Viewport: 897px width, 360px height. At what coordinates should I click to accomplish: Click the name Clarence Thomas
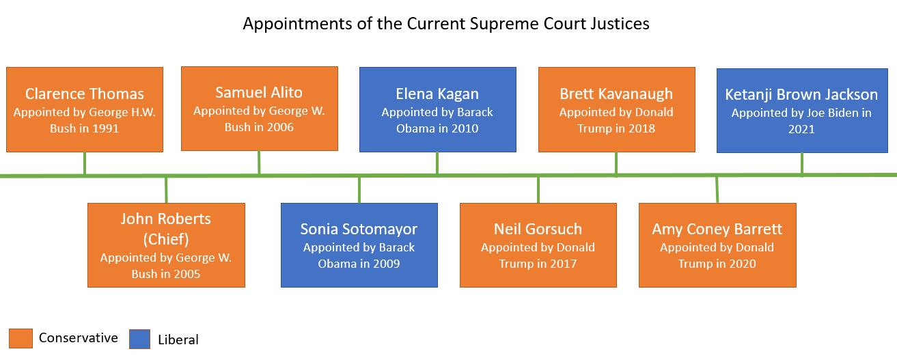(x=85, y=94)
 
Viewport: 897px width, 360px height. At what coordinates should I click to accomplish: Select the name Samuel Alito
(x=259, y=92)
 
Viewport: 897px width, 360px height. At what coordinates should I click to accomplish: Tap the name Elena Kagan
(x=437, y=94)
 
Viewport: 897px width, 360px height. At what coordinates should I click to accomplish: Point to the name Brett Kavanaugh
(x=616, y=94)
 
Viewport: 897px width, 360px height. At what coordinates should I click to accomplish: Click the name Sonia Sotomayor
(x=359, y=230)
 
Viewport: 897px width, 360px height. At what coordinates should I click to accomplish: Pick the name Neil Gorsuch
(x=538, y=230)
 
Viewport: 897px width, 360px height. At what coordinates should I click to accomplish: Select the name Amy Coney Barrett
(x=717, y=230)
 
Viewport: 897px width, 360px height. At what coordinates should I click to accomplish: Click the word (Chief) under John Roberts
(x=166, y=239)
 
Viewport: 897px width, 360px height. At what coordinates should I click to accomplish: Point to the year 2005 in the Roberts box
(x=185, y=275)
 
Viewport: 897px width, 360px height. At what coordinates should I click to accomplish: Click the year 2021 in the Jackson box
(x=801, y=128)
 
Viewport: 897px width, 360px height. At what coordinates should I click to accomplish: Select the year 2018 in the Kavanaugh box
(x=640, y=128)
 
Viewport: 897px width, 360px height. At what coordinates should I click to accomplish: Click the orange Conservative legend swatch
(x=20, y=338)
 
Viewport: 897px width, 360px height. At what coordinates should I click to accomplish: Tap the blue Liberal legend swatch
(x=140, y=339)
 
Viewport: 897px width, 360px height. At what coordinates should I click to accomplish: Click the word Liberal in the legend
(x=178, y=340)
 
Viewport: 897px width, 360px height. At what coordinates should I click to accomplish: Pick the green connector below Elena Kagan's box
(x=437, y=163)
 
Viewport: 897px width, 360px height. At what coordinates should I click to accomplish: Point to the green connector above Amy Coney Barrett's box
(x=717, y=189)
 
